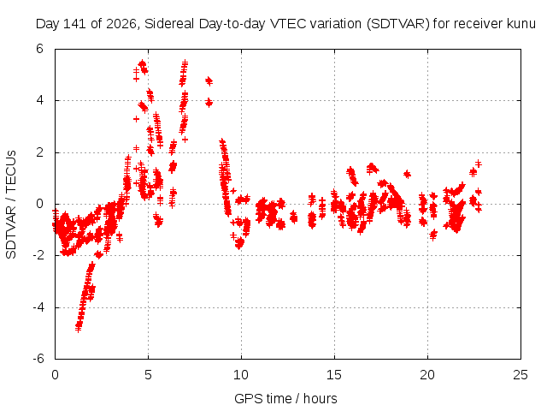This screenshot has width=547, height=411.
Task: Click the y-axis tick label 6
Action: tap(39, 49)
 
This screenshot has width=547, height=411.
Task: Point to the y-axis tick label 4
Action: tap(39, 101)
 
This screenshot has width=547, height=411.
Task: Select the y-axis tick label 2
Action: tap(39, 152)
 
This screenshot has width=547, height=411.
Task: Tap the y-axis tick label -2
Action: tap(38, 255)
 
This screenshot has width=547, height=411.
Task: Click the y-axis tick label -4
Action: tap(38, 307)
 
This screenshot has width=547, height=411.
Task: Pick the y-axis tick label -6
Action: tap(38, 359)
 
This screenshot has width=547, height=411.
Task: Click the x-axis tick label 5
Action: tap(148, 375)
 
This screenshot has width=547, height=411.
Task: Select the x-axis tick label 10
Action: tap(241, 375)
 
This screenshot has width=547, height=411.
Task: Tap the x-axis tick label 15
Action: tap(334, 375)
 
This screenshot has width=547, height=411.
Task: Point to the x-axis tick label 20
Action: tap(427, 375)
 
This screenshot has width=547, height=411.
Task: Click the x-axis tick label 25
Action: tap(521, 375)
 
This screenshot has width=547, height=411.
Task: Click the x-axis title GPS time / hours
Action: tap(285, 399)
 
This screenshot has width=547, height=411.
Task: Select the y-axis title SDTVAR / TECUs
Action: tap(11, 205)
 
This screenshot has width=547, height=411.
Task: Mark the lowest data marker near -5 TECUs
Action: tap(78, 329)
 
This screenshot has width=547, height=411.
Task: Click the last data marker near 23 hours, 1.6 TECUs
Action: tap(479, 164)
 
